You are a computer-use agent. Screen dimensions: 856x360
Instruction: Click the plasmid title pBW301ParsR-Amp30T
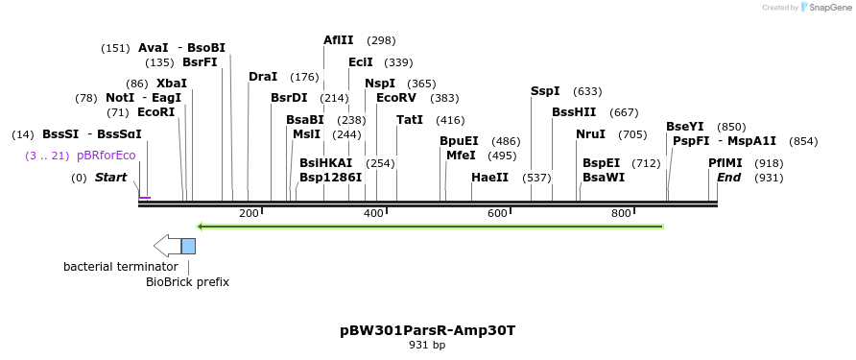click(x=427, y=330)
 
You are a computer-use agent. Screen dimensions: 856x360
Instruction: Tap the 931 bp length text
click(x=427, y=345)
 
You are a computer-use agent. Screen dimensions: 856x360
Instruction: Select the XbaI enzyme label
click(x=171, y=84)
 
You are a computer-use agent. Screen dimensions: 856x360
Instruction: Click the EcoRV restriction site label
click(x=396, y=98)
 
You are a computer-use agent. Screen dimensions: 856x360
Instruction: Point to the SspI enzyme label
click(x=545, y=91)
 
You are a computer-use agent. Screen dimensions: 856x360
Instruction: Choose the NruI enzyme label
click(x=590, y=134)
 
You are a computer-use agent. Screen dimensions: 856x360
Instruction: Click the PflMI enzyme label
click(x=725, y=163)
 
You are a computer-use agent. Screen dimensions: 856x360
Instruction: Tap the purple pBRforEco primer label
click(x=107, y=156)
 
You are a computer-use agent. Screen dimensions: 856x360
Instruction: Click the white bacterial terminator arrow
click(x=167, y=246)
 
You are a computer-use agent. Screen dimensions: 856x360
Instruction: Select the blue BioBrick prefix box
click(x=188, y=246)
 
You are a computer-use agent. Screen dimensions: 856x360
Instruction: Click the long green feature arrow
click(x=430, y=227)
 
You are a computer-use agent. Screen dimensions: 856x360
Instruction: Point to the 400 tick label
click(x=373, y=213)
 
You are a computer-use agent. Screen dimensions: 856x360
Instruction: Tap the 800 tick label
click(x=620, y=213)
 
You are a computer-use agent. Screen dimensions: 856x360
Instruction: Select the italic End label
click(x=728, y=178)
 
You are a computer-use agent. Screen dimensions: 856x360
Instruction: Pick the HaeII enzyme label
click(x=489, y=178)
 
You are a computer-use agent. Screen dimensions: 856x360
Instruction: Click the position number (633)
click(x=587, y=91)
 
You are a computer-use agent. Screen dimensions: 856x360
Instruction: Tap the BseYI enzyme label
click(x=685, y=127)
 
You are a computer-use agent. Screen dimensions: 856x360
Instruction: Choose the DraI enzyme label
click(x=263, y=77)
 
